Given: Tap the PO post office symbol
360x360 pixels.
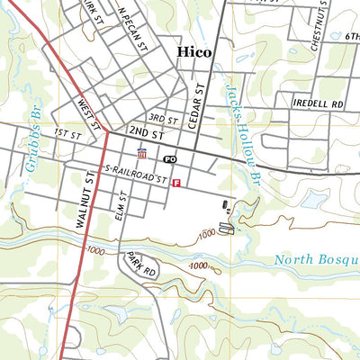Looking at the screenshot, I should (x=169, y=158).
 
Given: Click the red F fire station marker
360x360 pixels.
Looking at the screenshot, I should (x=176, y=183).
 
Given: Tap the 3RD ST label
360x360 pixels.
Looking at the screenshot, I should (x=163, y=118).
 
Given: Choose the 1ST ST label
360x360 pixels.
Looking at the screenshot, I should (x=67, y=132).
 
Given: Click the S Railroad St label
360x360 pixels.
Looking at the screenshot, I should (x=137, y=175).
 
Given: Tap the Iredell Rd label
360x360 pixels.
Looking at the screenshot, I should (x=318, y=103).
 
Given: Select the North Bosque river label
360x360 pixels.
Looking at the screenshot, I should (x=315, y=261).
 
